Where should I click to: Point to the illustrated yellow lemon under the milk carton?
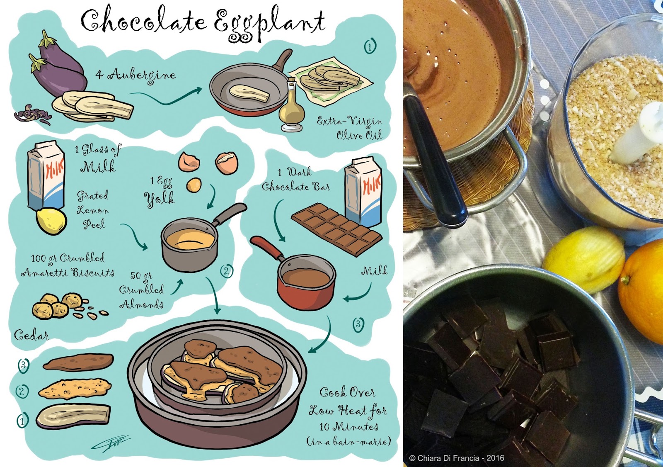point(51,221)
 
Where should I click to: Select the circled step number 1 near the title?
point(370,46)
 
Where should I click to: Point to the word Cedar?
point(31,336)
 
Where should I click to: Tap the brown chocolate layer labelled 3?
point(78,362)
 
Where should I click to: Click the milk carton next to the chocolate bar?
point(363,192)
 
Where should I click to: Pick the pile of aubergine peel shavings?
point(33,116)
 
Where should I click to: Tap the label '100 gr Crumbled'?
point(68,258)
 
